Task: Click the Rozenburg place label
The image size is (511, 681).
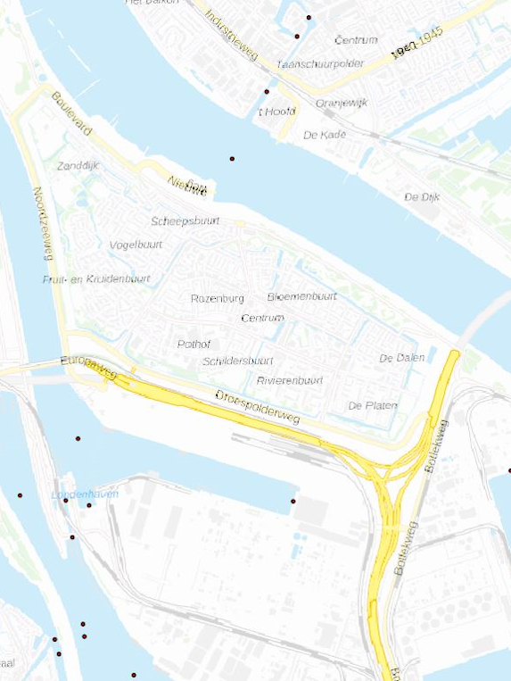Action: coord(217,299)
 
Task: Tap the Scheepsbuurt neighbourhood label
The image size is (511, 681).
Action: coord(185,221)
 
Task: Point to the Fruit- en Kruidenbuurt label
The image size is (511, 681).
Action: coord(96,279)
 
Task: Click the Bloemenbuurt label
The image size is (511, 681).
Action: coord(301,295)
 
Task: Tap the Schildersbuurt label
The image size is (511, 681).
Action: coord(237,361)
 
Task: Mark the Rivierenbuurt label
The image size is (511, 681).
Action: coord(291,380)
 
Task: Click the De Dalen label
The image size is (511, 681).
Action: coord(401,358)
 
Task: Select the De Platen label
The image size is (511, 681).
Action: coord(373,406)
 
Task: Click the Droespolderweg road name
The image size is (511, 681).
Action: coord(258,407)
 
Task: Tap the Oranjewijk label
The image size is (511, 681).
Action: coord(342,103)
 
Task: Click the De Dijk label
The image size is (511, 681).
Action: coord(422,196)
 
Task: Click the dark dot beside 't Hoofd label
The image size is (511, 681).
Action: coord(266,92)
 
